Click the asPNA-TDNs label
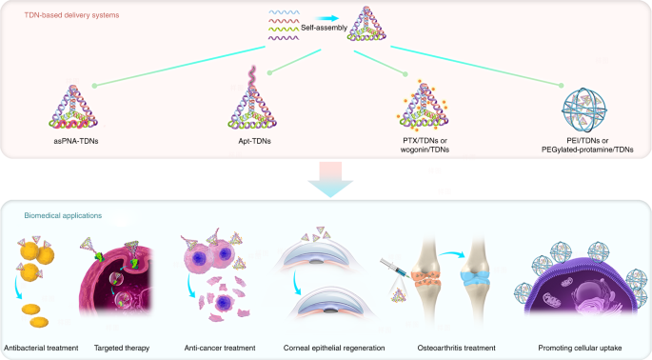click(76, 141)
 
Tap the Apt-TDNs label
click(254, 141)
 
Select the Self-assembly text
click(324, 28)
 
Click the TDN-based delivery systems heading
click(71, 15)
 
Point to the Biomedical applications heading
click(63, 215)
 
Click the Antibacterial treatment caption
click(41, 348)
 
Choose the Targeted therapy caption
click(122, 348)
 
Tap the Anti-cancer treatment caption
click(220, 348)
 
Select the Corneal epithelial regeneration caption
click(334, 348)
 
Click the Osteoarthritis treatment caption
click(456, 348)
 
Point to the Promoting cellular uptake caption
click(580, 348)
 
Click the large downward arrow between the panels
click(330, 179)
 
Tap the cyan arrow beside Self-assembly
click(326, 18)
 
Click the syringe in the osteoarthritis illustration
click(393, 268)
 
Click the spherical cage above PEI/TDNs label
click(583, 110)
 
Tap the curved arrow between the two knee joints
click(451, 252)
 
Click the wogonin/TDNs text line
click(425, 150)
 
